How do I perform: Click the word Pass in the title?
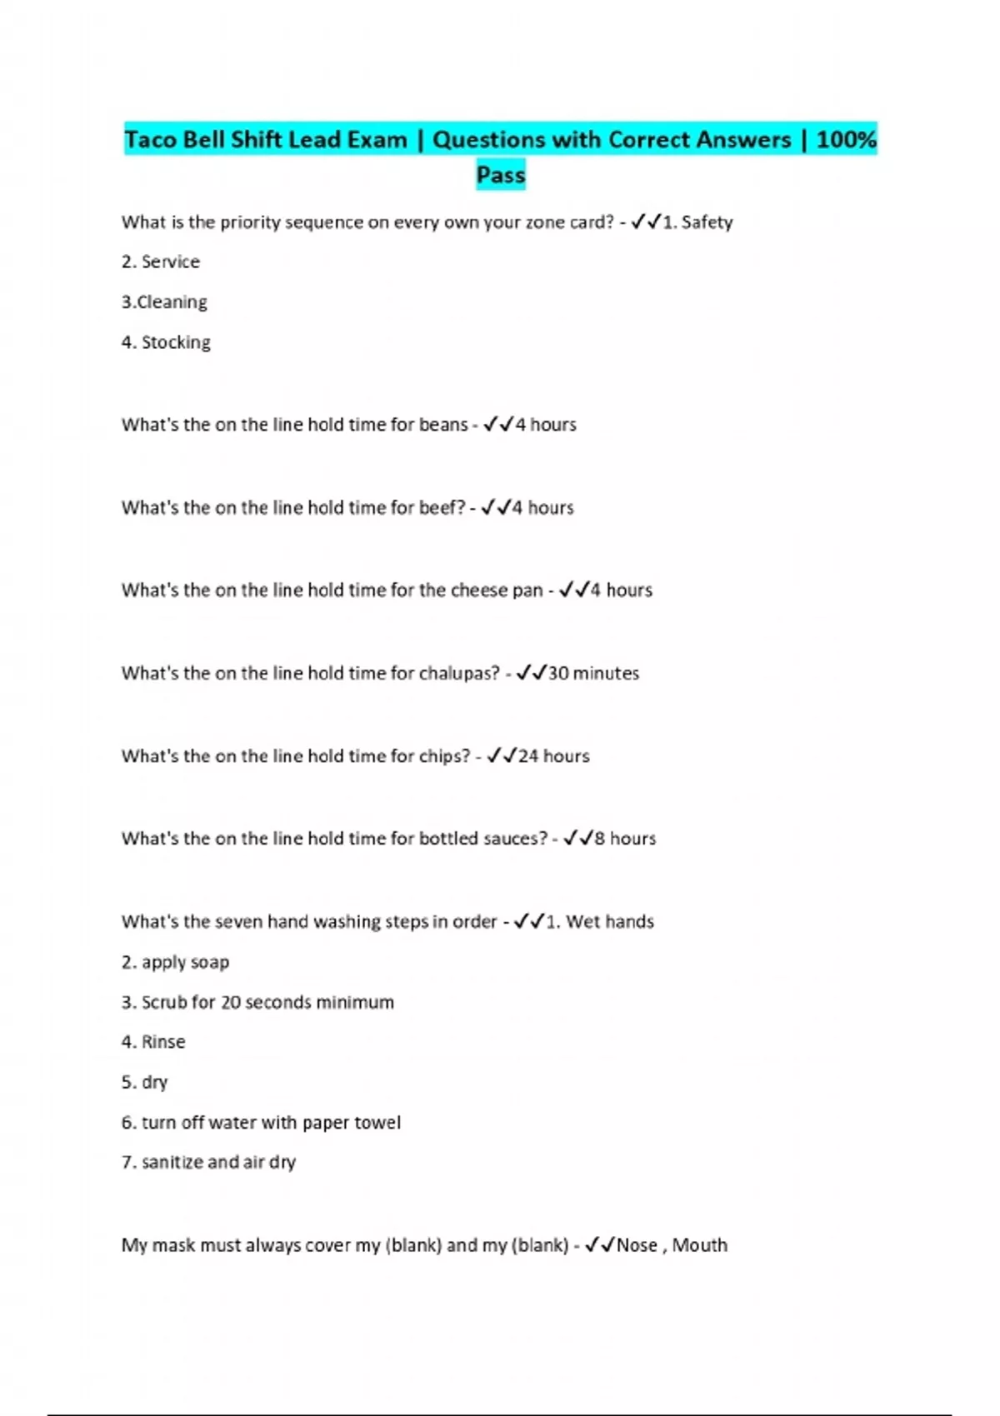(501, 175)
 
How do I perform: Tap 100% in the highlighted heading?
(846, 139)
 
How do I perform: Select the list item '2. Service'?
(161, 262)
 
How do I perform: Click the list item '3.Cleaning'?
(164, 302)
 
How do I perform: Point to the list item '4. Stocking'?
(166, 342)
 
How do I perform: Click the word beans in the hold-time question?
(443, 425)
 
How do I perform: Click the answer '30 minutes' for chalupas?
(593, 673)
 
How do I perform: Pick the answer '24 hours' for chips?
(553, 756)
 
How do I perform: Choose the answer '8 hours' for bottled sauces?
(625, 839)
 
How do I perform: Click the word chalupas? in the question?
(459, 673)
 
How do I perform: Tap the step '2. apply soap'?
(175, 962)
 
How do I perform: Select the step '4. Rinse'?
(153, 1042)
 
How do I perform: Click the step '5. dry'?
(145, 1082)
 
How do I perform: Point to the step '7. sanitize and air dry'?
(208, 1162)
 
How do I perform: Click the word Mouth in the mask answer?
(700, 1245)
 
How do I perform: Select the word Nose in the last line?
(637, 1245)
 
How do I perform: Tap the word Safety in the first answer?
(707, 222)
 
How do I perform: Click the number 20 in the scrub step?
(231, 1002)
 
